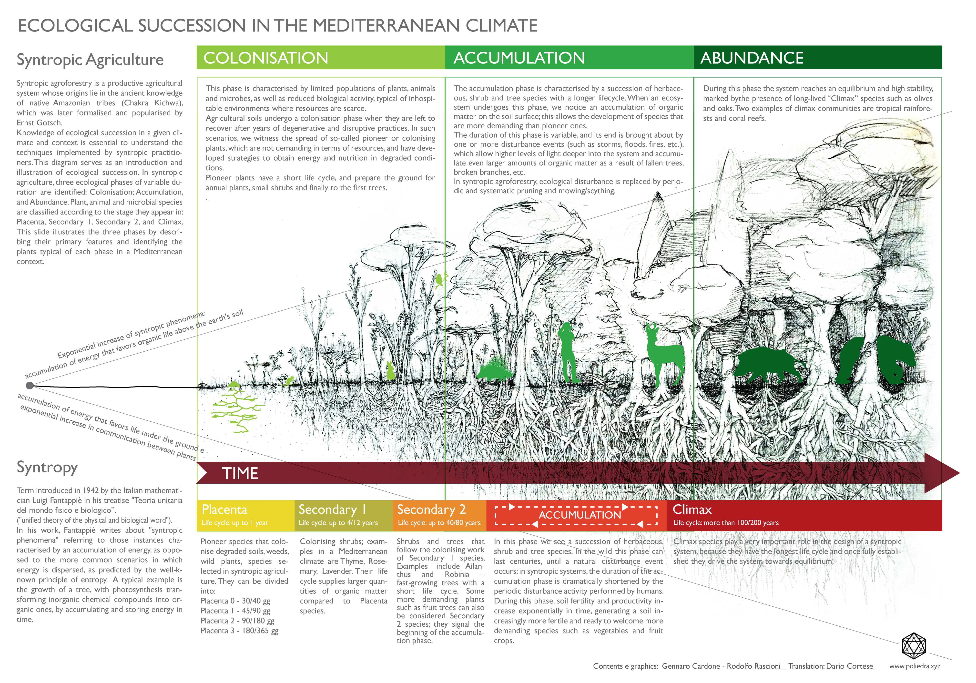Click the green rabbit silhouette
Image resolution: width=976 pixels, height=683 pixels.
[x=390, y=371]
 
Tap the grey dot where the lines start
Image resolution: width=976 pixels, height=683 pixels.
[x=29, y=386]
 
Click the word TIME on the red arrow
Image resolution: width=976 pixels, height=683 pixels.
[x=240, y=473]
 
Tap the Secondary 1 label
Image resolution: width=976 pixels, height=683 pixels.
[x=332, y=509]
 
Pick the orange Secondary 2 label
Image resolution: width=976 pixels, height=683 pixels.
[x=431, y=509]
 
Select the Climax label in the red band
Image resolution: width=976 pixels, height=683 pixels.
[x=691, y=509]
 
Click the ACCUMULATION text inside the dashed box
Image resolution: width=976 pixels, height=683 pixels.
[x=580, y=515]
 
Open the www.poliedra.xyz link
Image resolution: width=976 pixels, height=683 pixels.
[x=914, y=666]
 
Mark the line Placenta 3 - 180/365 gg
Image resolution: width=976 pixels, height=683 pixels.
[x=239, y=631]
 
